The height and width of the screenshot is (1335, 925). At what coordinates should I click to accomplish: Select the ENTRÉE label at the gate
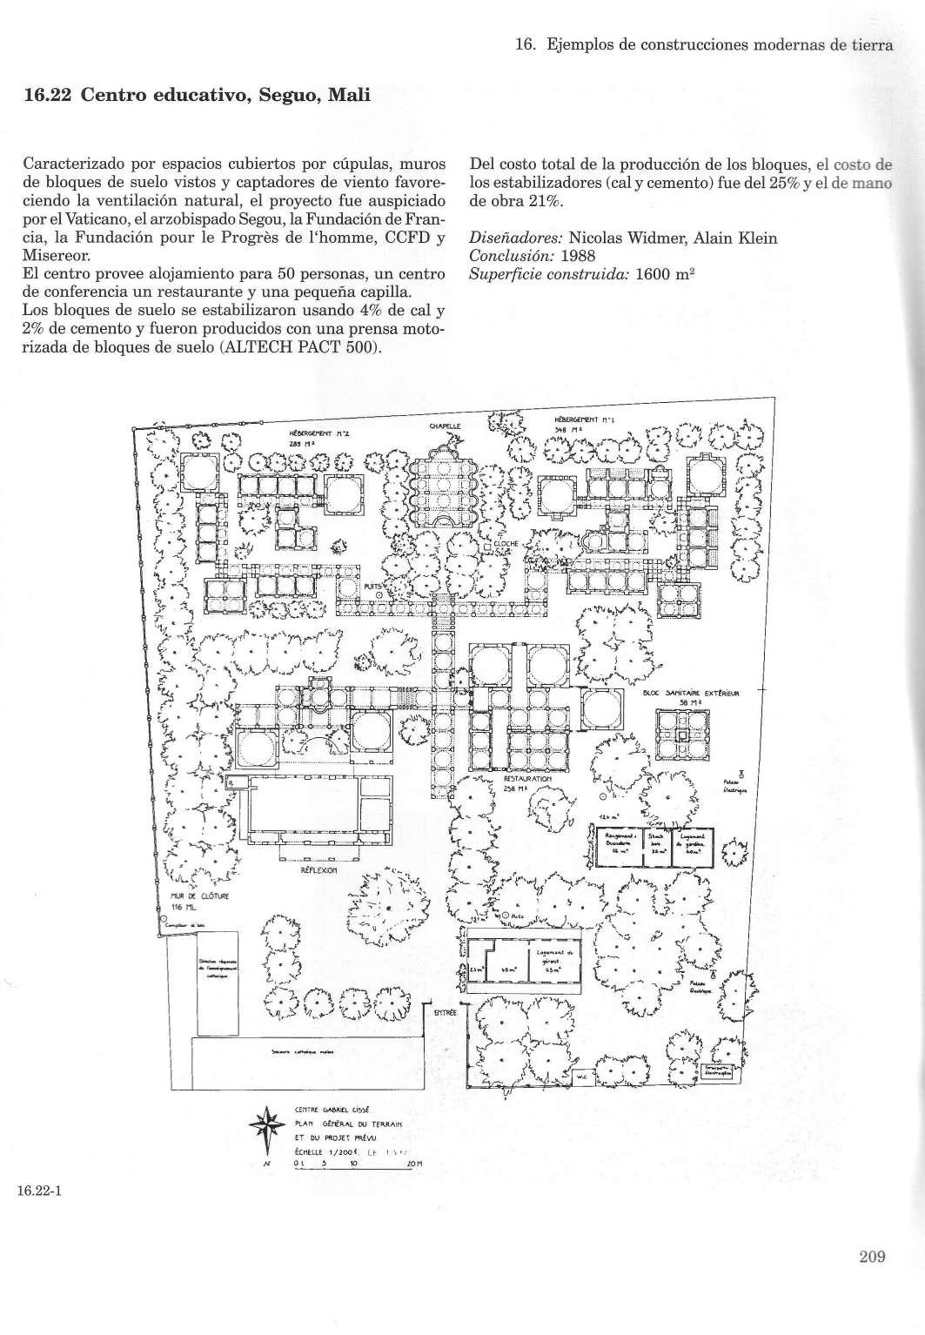point(446,1012)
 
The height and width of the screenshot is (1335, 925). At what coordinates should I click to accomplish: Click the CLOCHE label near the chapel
point(506,544)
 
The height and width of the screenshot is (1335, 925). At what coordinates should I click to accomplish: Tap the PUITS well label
point(372,587)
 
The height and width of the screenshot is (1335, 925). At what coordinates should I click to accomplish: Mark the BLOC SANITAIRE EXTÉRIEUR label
point(691,694)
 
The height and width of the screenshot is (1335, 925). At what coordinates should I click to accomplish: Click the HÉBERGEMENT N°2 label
point(307,433)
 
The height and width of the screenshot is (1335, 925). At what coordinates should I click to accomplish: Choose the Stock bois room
point(658,840)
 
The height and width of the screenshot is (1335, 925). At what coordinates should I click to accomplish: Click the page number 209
point(870,1256)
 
